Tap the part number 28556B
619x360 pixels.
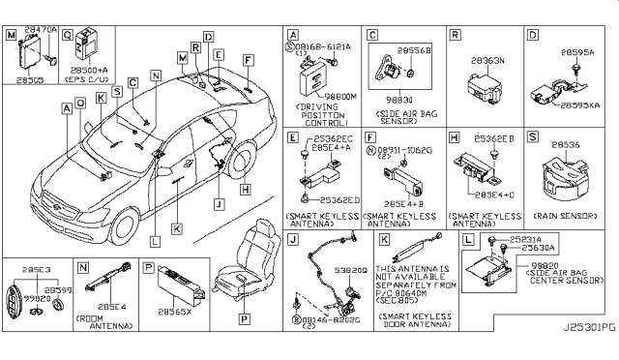pos(411,45)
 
